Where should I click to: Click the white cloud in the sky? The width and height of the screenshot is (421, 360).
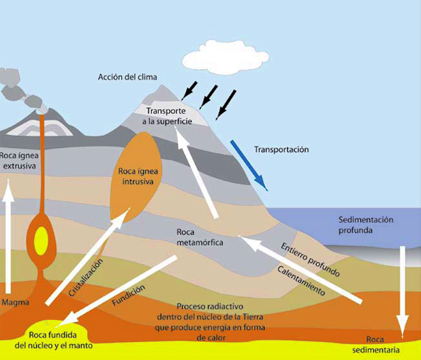pos(226,57)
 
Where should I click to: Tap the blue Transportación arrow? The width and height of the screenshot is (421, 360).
pos(249,165)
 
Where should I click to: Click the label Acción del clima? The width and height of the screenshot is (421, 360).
pos(127,77)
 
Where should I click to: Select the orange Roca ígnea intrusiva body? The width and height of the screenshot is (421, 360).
pos(136,177)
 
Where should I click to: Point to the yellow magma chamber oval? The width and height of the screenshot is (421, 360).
pos(41,241)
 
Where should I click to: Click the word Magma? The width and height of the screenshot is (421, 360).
pos(15,302)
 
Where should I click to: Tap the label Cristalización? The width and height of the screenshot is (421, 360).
pos(86,277)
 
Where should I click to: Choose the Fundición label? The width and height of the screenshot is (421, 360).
pos(128,295)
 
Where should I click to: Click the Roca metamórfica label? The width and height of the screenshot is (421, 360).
pos(200,237)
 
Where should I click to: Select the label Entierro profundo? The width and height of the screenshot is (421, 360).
pos(311,259)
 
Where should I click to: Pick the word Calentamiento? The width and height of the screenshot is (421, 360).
pos(301,281)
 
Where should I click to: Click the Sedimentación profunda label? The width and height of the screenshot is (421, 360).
pos(365,225)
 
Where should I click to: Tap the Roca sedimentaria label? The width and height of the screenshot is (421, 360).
pos(375,345)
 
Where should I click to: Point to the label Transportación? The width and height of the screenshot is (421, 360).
pos(282,150)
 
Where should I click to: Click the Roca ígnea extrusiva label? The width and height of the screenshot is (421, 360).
pos(20,160)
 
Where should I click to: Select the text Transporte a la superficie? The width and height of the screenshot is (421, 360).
pos(167,116)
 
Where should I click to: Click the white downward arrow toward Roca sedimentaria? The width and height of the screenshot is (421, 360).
pos(402,292)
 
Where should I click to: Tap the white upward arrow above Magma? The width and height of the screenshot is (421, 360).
pos(8,236)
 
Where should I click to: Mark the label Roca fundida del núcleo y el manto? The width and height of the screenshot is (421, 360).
pos(54,340)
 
